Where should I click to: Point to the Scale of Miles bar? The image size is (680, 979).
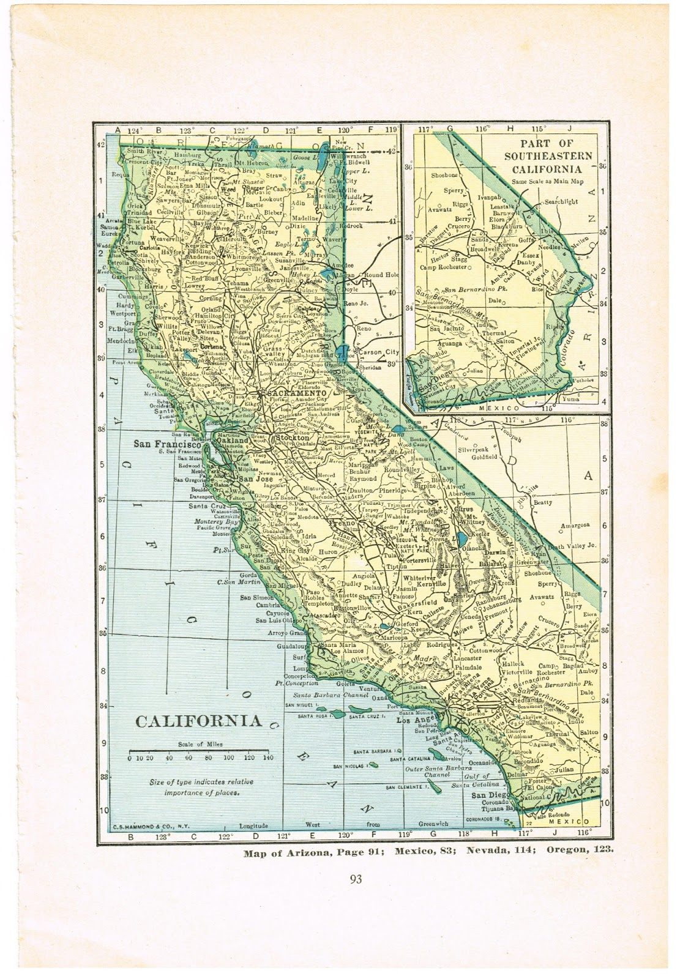click(200, 751)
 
